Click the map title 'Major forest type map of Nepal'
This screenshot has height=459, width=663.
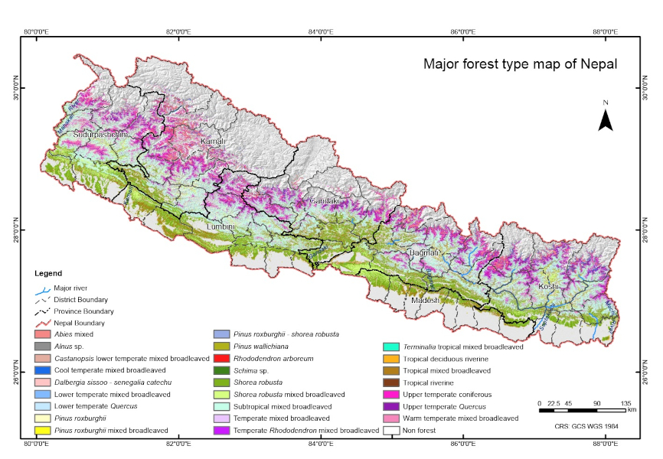click(x=520, y=63)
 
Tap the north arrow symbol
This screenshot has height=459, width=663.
click(x=605, y=119)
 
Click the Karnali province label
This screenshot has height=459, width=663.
click(x=214, y=142)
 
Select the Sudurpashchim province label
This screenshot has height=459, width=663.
click(x=100, y=135)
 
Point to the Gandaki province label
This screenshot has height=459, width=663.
click(x=324, y=201)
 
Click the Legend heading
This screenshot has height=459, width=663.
click(x=48, y=273)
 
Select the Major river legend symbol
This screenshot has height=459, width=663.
click(x=44, y=288)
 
